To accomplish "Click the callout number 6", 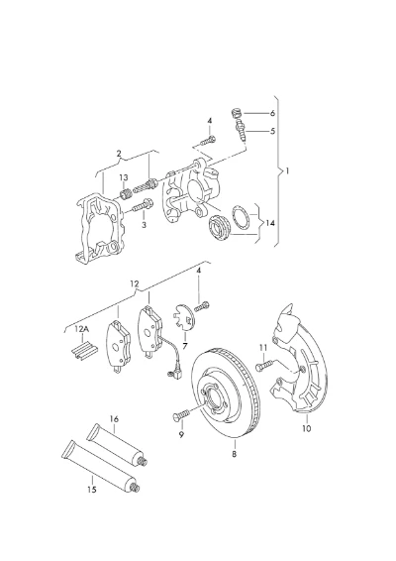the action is (x=272, y=113).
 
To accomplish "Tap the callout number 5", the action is (x=272, y=131).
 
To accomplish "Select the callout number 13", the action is (x=124, y=177).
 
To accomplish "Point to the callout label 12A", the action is (x=82, y=329).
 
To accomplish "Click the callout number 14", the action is (x=270, y=223).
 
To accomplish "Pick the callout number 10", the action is (x=307, y=428).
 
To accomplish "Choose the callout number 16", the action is (x=114, y=418).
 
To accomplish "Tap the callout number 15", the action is (x=92, y=489).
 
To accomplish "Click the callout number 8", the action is (x=234, y=454).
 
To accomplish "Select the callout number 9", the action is (x=181, y=435).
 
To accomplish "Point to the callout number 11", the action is (x=263, y=348).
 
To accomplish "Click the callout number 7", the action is (x=185, y=346).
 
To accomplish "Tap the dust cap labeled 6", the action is (x=236, y=113).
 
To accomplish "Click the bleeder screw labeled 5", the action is (x=242, y=131).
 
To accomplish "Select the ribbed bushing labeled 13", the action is (x=125, y=194).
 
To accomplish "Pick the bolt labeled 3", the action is (x=143, y=205).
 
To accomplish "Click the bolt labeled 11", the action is (x=264, y=366).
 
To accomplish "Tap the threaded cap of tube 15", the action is (x=135, y=487).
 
